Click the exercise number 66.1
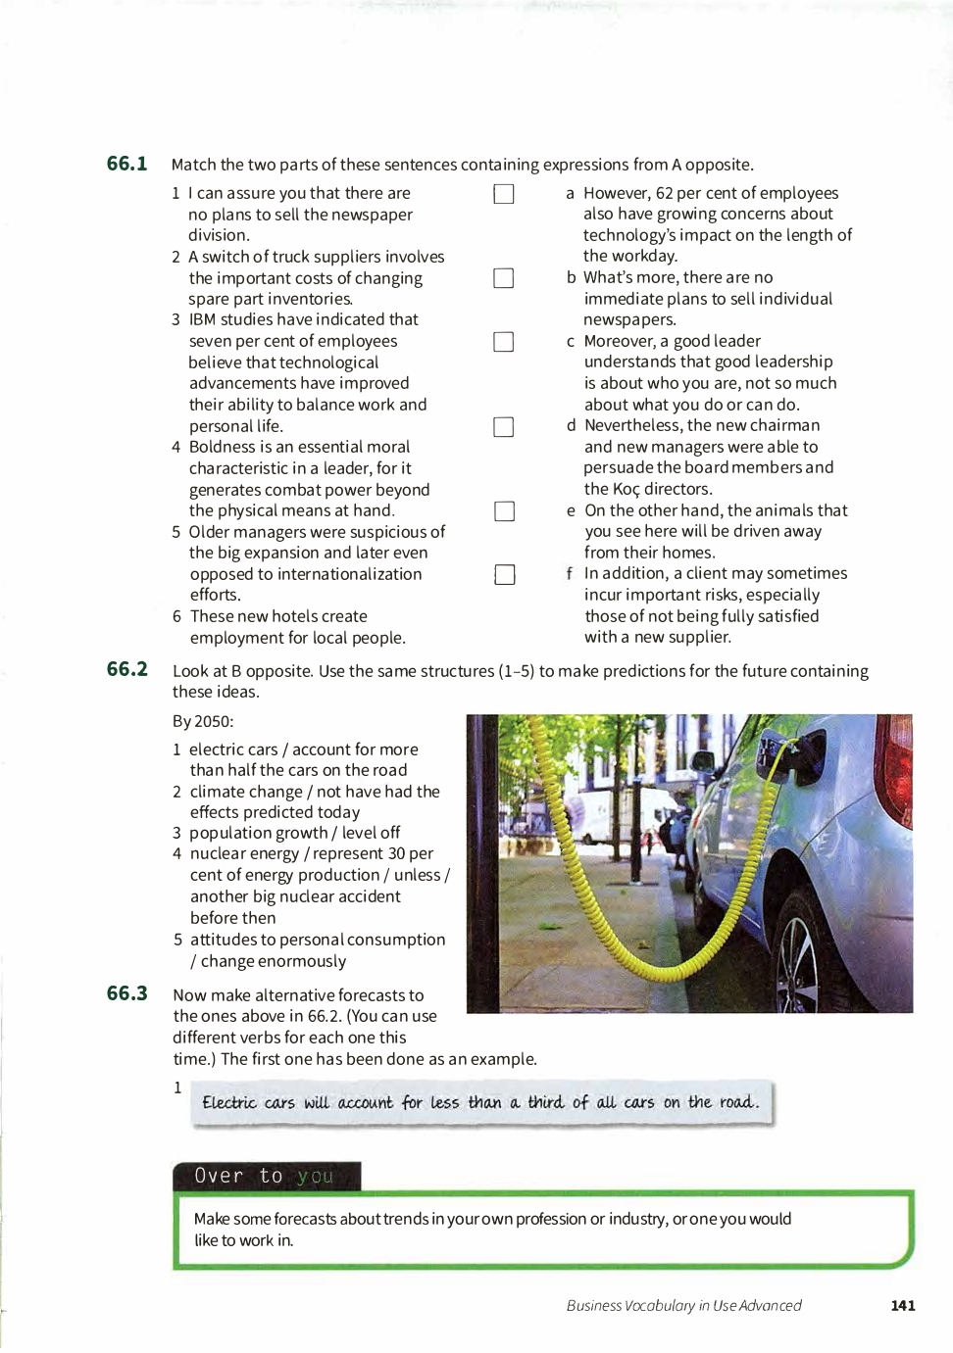[x=126, y=164]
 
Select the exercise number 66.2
[x=126, y=669]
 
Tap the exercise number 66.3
[x=126, y=993]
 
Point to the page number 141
[x=902, y=1305]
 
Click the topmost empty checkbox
[x=504, y=194]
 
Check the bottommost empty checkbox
[x=505, y=574]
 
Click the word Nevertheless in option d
[x=633, y=425]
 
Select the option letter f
[x=570, y=573]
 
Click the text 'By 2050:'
[x=203, y=721]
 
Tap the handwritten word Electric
[x=228, y=1102]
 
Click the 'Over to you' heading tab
[x=266, y=1176]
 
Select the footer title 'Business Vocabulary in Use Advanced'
[x=683, y=1305]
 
